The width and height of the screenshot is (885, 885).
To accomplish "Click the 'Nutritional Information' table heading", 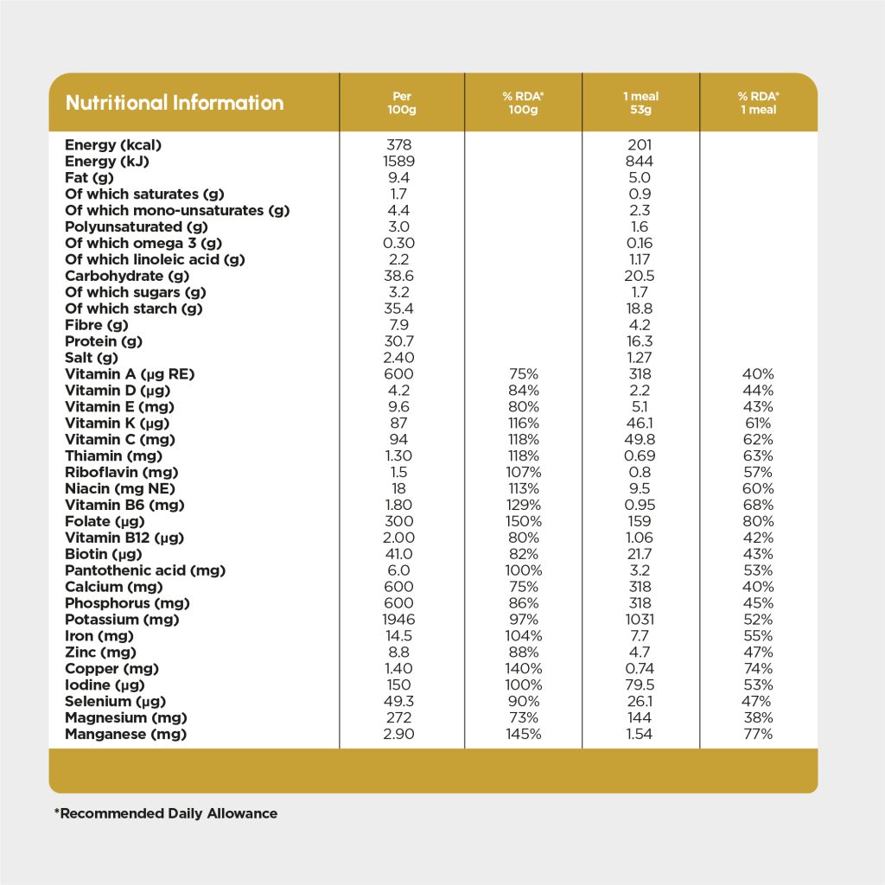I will pos(175,103).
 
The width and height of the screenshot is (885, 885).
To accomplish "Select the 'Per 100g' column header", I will pos(401,103).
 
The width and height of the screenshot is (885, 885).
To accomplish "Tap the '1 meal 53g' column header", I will pos(640,103).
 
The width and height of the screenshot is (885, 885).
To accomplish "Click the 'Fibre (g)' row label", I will pos(96,325).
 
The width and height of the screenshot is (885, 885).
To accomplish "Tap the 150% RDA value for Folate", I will pos(523,521).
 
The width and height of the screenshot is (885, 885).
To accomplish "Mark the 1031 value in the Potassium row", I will pos(640,620).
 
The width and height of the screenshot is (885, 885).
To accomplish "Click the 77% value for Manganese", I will pos(757,735).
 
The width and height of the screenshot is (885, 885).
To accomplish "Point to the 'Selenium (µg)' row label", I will pos(116,702).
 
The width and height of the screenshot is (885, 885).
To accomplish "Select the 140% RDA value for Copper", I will pos(523,669).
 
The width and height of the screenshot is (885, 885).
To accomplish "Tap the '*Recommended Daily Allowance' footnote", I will pos(166,813).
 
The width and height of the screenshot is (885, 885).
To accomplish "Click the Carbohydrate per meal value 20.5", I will pos(640,277).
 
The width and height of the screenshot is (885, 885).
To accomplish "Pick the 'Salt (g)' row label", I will pos(91,358).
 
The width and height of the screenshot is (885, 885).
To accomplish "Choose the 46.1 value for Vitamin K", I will pos(640,423).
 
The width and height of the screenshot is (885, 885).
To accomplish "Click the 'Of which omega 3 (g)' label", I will pos(143,244).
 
